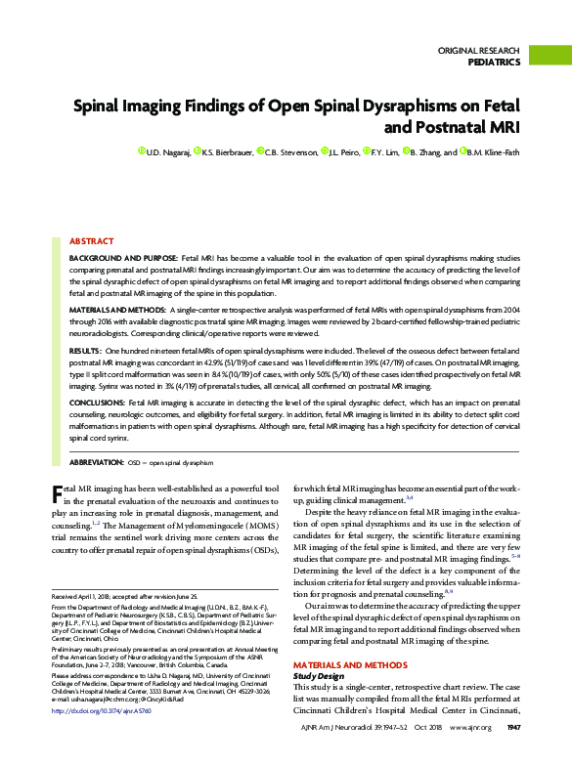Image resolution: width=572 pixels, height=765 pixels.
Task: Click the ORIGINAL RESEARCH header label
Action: [478, 49]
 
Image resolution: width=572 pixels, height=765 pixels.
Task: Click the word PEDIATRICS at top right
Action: [495, 62]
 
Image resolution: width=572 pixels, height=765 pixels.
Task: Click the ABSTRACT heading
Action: [91, 240]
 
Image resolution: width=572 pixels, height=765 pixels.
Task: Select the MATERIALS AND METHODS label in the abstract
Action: [119, 309]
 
